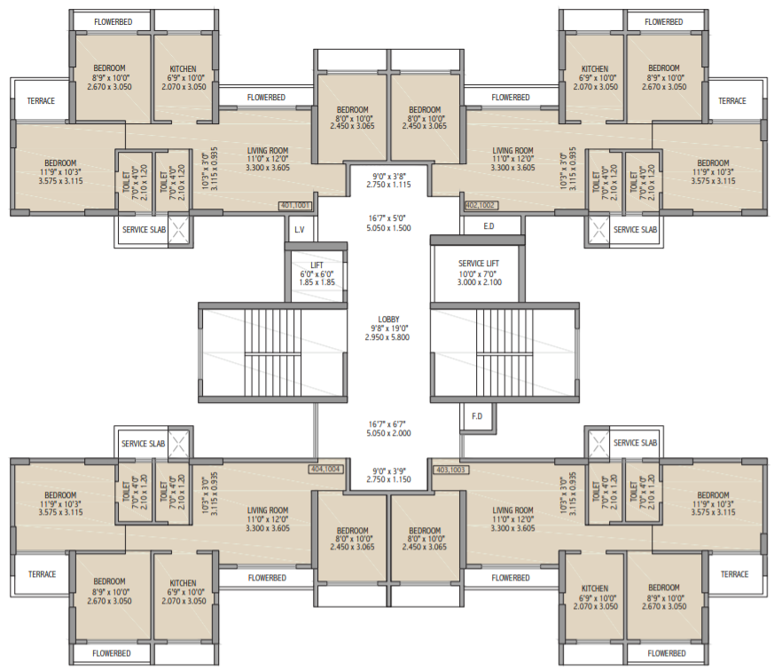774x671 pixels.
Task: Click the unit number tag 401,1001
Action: click(x=296, y=205)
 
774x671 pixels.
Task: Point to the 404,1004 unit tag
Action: click(x=327, y=470)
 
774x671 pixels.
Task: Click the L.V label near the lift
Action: click(x=300, y=228)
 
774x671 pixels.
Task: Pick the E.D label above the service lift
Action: click(x=489, y=227)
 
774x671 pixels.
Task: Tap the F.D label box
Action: click(x=476, y=415)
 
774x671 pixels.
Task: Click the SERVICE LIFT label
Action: click(x=478, y=264)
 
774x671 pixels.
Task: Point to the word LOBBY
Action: click(x=388, y=320)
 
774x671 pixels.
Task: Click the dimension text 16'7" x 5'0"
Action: click(x=388, y=217)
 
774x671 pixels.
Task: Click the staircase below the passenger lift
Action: click(x=271, y=354)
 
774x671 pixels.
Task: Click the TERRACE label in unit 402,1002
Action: click(x=732, y=101)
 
